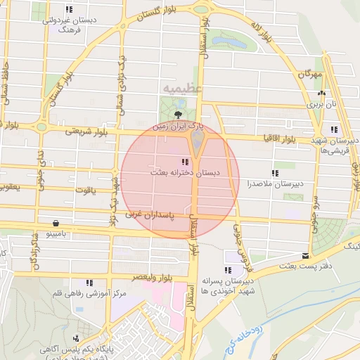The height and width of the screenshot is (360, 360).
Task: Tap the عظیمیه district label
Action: (x=182, y=89)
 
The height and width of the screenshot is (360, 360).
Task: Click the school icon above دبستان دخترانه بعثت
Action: (x=185, y=162)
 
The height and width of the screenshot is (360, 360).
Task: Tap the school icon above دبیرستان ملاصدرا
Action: (x=275, y=173)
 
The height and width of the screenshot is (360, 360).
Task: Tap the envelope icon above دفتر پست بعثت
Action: (x=305, y=256)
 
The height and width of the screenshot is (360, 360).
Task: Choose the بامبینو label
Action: (x=56, y=232)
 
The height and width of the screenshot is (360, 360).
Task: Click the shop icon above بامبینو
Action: (x=55, y=221)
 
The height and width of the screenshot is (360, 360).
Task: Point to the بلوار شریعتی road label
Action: (x=88, y=131)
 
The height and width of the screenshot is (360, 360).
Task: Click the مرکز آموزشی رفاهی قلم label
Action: (x=86, y=292)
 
